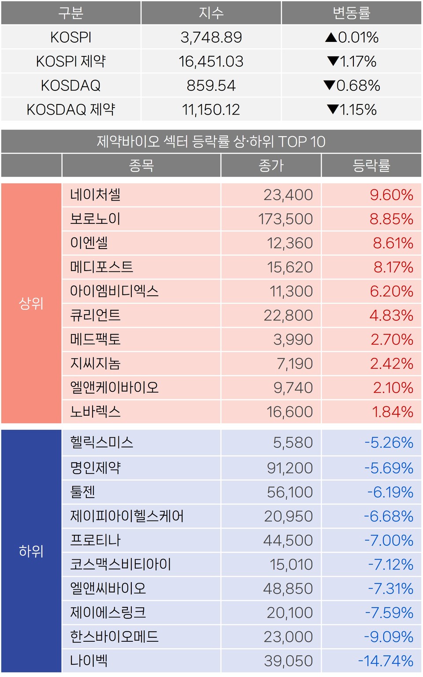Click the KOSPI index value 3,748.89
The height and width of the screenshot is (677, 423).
211,37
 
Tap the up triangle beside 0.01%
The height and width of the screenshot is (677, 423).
331,37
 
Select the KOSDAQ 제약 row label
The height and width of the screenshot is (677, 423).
71,109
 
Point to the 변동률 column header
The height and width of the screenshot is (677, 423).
351,13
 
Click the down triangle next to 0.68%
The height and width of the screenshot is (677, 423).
329,85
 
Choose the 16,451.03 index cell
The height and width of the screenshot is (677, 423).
211,61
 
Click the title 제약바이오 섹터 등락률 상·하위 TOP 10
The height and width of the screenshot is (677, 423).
211,141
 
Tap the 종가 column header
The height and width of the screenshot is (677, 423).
271,166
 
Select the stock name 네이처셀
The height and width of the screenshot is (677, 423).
95,195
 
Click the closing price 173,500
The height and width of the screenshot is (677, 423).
285,219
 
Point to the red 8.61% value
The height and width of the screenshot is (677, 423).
393,243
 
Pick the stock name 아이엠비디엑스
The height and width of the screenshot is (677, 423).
114,291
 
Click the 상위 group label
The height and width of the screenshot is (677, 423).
31,303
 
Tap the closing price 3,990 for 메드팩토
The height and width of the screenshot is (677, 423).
293,339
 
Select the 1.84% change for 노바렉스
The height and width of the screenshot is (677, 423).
393,412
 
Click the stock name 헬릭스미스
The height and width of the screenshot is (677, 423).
101,443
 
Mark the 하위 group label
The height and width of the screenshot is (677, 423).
31,551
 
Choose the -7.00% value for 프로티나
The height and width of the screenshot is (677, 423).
389,540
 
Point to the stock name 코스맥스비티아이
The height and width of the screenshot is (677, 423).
120,564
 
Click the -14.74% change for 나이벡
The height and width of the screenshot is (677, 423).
386,661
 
